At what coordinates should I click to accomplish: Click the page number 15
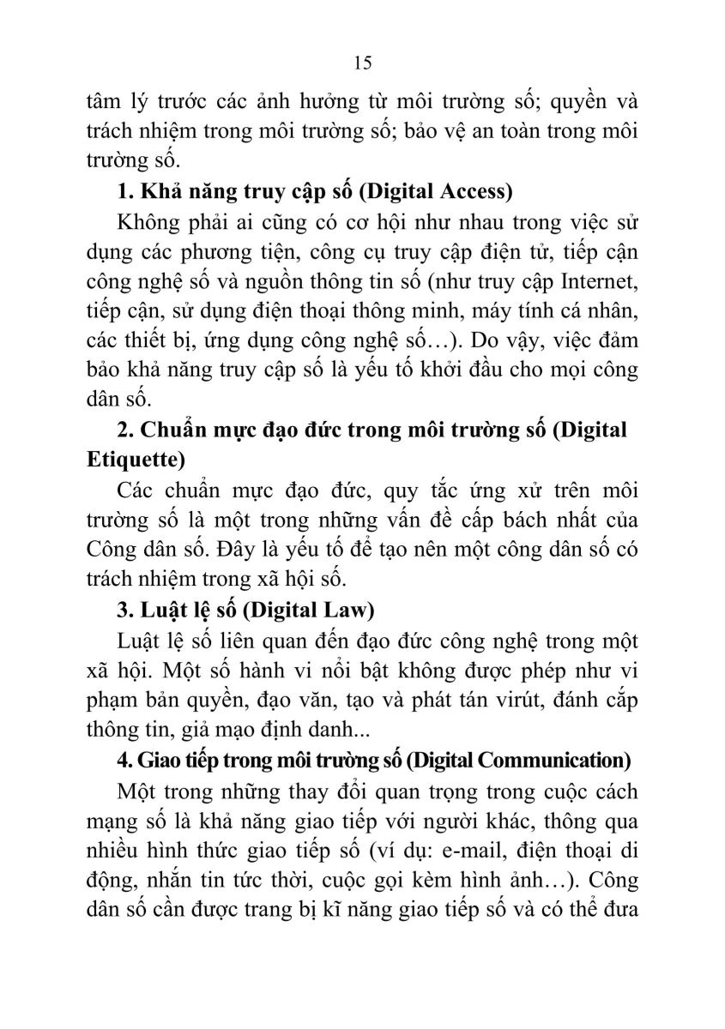[361, 63]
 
